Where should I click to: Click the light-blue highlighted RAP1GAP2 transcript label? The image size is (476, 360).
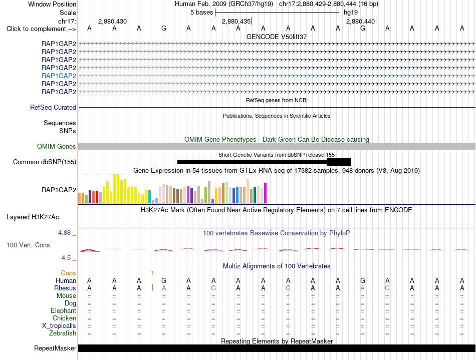click(59, 76)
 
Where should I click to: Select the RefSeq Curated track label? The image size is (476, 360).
click(53, 107)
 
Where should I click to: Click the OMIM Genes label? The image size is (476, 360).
click(57, 147)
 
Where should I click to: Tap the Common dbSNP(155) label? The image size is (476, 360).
click(45, 162)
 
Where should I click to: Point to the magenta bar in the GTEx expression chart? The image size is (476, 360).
click(266, 193)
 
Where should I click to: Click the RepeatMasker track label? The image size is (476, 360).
click(55, 348)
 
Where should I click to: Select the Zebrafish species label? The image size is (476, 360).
click(63, 333)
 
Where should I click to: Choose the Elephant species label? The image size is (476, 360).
click(64, 311)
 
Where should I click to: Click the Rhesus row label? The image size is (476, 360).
click(65, 288)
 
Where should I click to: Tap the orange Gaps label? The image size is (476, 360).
click(68, 273)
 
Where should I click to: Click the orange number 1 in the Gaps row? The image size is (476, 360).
click(152, 273)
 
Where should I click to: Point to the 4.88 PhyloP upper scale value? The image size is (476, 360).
click(64, 233)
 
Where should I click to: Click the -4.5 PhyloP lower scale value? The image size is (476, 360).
click(65, 258)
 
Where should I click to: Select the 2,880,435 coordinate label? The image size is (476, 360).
click(236, 21)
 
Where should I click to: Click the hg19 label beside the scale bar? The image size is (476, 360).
click(351, 13)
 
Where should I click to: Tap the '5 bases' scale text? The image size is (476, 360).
click(201, 13)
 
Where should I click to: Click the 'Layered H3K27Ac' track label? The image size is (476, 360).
click(33, 217)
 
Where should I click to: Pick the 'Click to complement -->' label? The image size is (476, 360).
click(41, 29)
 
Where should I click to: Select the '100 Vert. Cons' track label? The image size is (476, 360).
click(28, 245)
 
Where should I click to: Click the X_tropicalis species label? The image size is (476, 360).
click(59, 326)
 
